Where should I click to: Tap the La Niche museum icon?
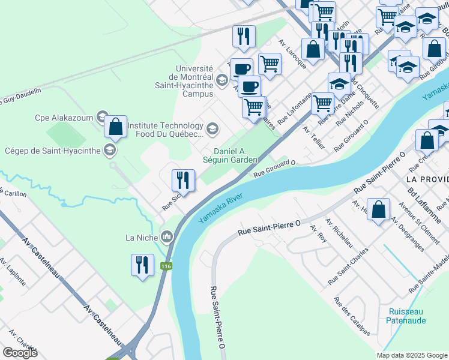point(167,237)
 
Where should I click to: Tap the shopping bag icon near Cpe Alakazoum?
point(115,127)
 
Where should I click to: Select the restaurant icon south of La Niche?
point(142,265)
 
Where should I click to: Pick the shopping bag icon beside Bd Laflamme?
point(378,211)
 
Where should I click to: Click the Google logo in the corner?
point(20,353)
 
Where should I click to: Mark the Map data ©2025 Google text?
point(411,355)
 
